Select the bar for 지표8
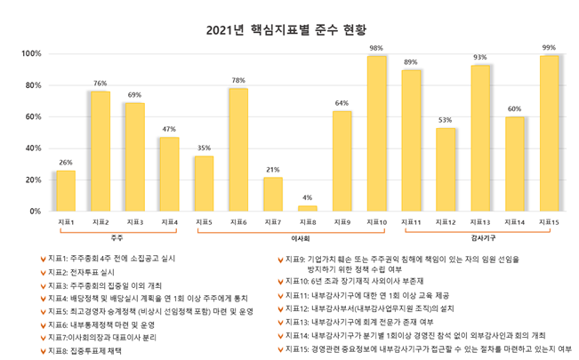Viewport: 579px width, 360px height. coord(307,208)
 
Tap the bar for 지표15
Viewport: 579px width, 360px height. coord(549,133)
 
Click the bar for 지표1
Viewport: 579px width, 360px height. coord(66,190)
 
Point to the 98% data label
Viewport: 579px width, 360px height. coord(376,48)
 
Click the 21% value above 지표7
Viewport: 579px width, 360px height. coord(273,169)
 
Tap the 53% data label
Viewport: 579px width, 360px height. coord(446,119)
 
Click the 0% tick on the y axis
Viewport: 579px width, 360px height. coord(36,212)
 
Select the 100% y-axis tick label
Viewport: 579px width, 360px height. coord(30,54)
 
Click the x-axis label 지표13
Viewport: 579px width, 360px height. coord(480,221)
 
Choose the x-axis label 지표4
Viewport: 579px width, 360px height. coord(169,221)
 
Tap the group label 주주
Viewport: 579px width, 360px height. coord(117,237)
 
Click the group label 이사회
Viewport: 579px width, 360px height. coord(300,238)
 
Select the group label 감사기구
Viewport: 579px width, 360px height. coord(480,237)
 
